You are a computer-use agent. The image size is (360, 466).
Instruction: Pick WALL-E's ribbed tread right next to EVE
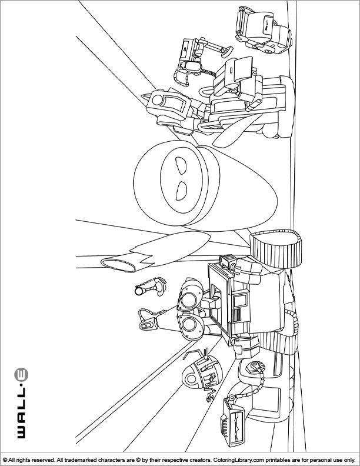276,249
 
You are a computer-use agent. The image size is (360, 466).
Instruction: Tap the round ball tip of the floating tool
138,291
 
